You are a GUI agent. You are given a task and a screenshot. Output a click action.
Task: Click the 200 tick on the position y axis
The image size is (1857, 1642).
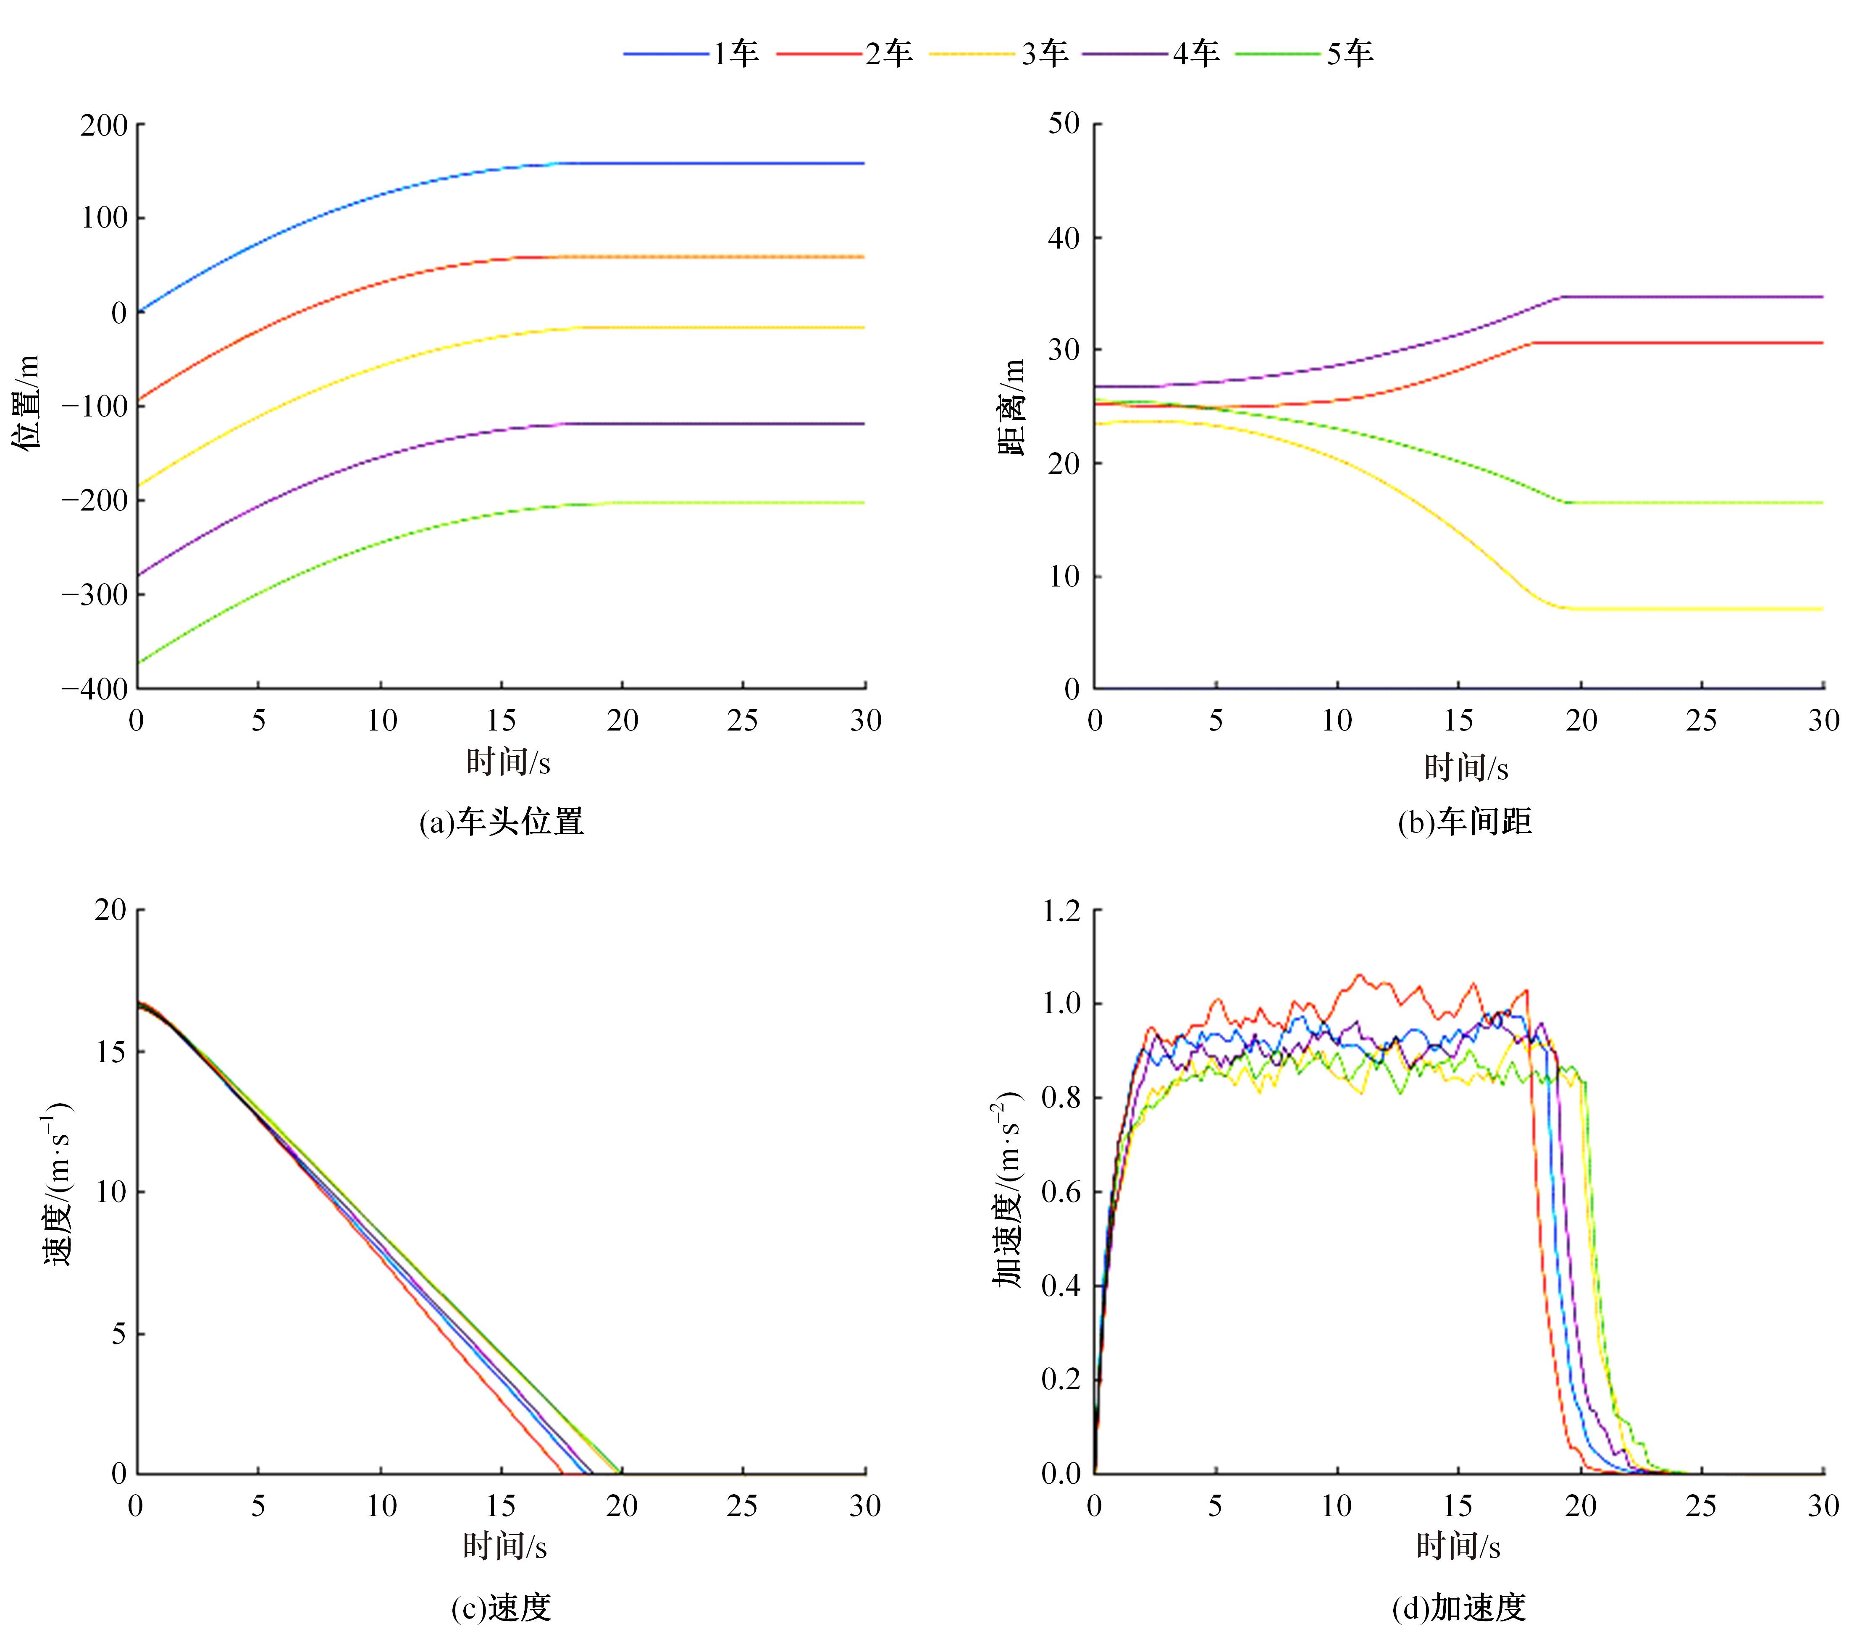pyautogui.click(x=104, y=124)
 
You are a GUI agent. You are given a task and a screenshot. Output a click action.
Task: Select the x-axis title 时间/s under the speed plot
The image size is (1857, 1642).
pyautogui.click(x=505, y=1546)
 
